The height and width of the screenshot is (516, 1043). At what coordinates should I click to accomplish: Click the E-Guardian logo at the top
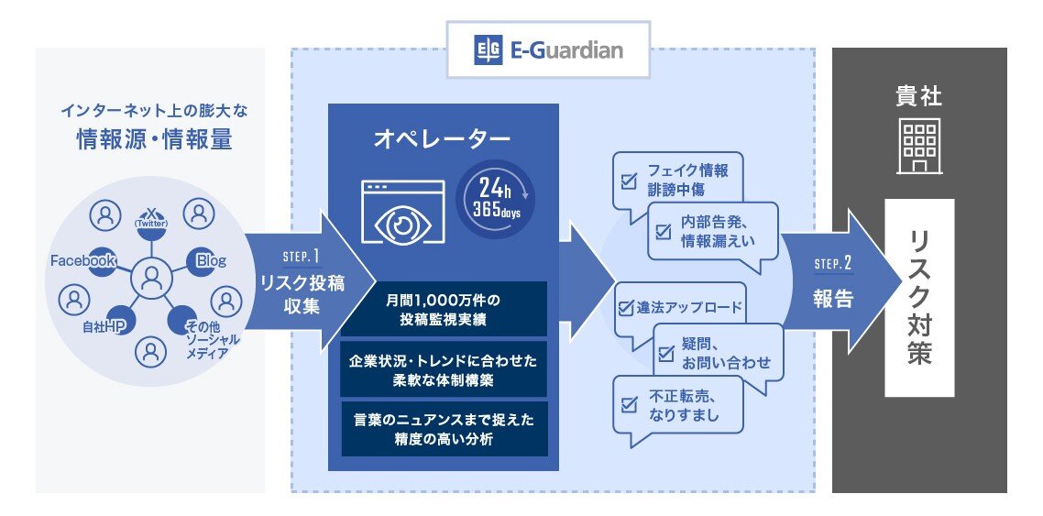tap(548, 49)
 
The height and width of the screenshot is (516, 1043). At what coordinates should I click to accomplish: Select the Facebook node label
tap(82, 261)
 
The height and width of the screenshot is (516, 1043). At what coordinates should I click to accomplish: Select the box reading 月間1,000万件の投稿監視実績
tap(444, 309)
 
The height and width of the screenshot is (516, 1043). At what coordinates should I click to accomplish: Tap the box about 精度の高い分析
tap(444, 428)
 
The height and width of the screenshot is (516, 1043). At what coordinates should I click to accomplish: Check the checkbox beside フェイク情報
tap(629, 181)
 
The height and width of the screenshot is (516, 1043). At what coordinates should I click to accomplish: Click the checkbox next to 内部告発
tap(663, 231)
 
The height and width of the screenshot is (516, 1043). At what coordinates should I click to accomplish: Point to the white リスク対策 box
tap(919, 297)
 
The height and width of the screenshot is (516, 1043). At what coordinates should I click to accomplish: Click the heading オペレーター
tap(442, 138)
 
